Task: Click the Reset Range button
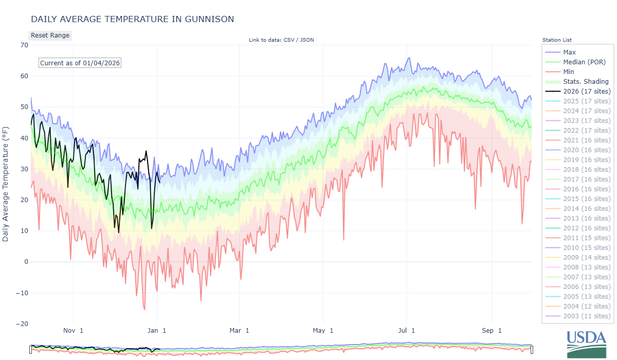point(50,35)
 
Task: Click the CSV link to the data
point(290,40)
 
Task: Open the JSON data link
point(307,40)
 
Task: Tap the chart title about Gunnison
point(132,19)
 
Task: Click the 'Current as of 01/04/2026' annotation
point(80,63)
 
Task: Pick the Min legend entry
point(568,72)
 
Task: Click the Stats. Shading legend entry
point(586,82)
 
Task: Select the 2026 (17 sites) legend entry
point(587,92)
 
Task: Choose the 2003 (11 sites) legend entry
point(587,316)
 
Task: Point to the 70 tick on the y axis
point(24,45)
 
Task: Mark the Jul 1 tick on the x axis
point(406,331)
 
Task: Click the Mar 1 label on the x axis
point(239,331)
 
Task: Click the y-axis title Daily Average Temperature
point(6,184)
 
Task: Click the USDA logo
point(587,344)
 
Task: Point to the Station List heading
point(557,40)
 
